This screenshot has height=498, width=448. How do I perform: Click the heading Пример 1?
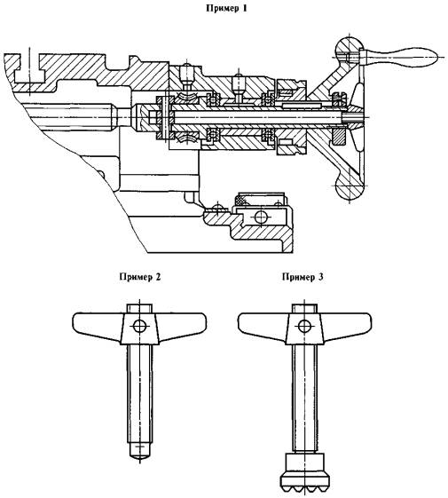(226, 8)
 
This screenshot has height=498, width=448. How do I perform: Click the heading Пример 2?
(140, 277)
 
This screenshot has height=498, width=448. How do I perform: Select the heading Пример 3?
(303, 277)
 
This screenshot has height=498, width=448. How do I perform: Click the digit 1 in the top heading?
(244, 8)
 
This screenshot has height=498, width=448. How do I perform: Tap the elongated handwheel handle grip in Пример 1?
(402, 57)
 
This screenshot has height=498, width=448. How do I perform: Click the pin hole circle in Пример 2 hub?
(139, 326)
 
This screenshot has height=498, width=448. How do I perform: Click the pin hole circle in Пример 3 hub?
(304, 326)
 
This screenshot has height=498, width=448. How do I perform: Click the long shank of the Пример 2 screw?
(139, 394)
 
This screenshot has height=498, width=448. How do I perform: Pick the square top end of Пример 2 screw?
(139, 308)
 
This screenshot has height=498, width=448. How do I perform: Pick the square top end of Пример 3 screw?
(304, 308)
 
